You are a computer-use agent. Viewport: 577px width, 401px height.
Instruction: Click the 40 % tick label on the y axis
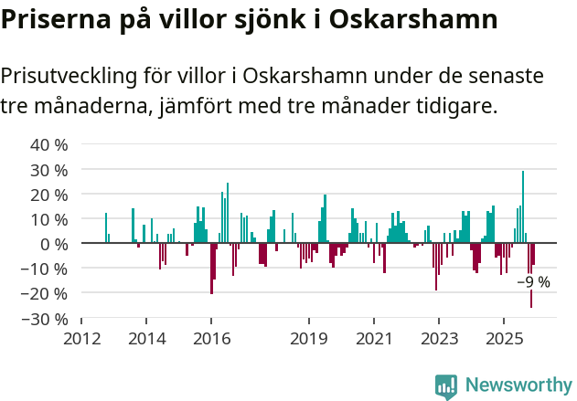[49, 145]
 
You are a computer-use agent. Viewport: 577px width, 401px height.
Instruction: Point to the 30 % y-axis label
[49, 170]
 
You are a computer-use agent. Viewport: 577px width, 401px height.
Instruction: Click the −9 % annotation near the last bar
[533, 281]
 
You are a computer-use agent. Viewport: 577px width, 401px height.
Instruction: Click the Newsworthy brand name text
[518, 386]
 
